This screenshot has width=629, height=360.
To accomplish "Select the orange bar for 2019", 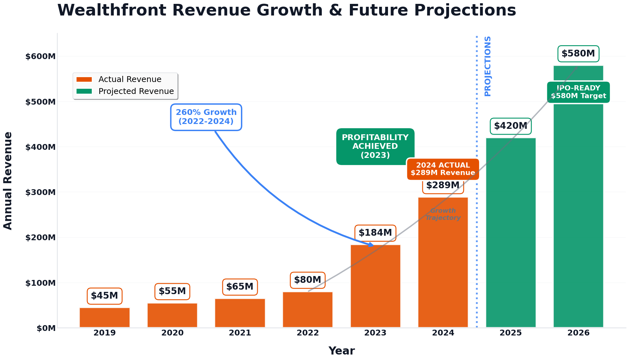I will (x=105, y=318).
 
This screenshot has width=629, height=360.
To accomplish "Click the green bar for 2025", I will (x=511, y=232).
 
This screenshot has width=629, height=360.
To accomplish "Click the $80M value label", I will (x=308, y=280).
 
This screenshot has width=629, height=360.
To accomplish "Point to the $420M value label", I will (x=510, y=126).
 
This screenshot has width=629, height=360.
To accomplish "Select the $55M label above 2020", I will (x=172, y=291).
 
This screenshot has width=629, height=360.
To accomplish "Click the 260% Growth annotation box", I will (x=206, y=117).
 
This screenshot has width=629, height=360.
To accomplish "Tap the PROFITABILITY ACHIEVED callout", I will (x=375, y=146).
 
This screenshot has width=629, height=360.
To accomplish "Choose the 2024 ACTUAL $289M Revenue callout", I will (x=443, y=169).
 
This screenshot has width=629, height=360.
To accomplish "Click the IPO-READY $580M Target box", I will (x=578, y=92).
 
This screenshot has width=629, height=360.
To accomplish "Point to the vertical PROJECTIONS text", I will (x=487, y=66).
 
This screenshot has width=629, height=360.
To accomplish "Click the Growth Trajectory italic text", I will (x=443, y=214).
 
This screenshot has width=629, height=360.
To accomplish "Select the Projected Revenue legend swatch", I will (x=84, y=91).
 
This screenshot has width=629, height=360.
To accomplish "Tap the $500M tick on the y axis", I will (x=41, y=102).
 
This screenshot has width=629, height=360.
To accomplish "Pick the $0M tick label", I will (x=46, y=328).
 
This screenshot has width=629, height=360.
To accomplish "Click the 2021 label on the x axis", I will (x=240, y=333).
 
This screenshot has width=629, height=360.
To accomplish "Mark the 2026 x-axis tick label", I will (x=578, y=333).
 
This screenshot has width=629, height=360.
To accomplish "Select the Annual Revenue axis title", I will (x=8, y=180).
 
